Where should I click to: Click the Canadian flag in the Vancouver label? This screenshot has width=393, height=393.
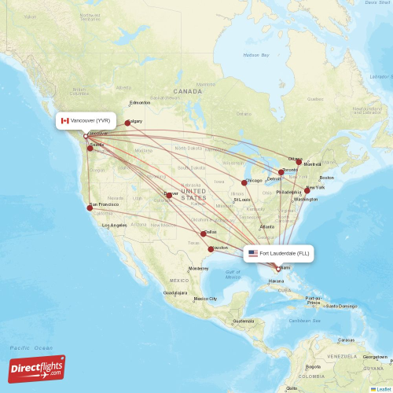[x=65, y=120]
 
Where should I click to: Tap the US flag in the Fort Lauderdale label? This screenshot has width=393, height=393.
[x=253, y=253]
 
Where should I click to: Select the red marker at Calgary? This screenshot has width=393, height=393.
[x=127, y=123]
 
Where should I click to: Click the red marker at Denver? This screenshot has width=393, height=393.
[x=168, y=195]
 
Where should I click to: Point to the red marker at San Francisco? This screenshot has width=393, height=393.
[x=90, y=208]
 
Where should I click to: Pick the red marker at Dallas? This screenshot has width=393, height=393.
[x=204, y=233]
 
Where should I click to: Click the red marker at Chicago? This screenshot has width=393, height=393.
[x=244, y=182]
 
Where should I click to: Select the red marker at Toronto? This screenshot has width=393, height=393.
[x=281, y=172]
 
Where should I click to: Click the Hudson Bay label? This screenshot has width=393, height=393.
[x=255, y=55]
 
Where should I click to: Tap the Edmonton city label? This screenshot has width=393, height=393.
[x=140, y=103]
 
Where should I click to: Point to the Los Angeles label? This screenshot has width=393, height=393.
[x=115, y=226]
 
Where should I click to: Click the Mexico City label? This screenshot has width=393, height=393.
[x=205, y=299]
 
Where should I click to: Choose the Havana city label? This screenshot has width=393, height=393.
[x=277, y=281]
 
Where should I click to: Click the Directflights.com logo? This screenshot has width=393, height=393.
[x=37, y=369]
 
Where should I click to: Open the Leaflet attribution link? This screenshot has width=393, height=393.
[x=381, y=388]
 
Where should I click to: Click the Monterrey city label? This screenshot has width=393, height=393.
[x=199, y=269]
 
